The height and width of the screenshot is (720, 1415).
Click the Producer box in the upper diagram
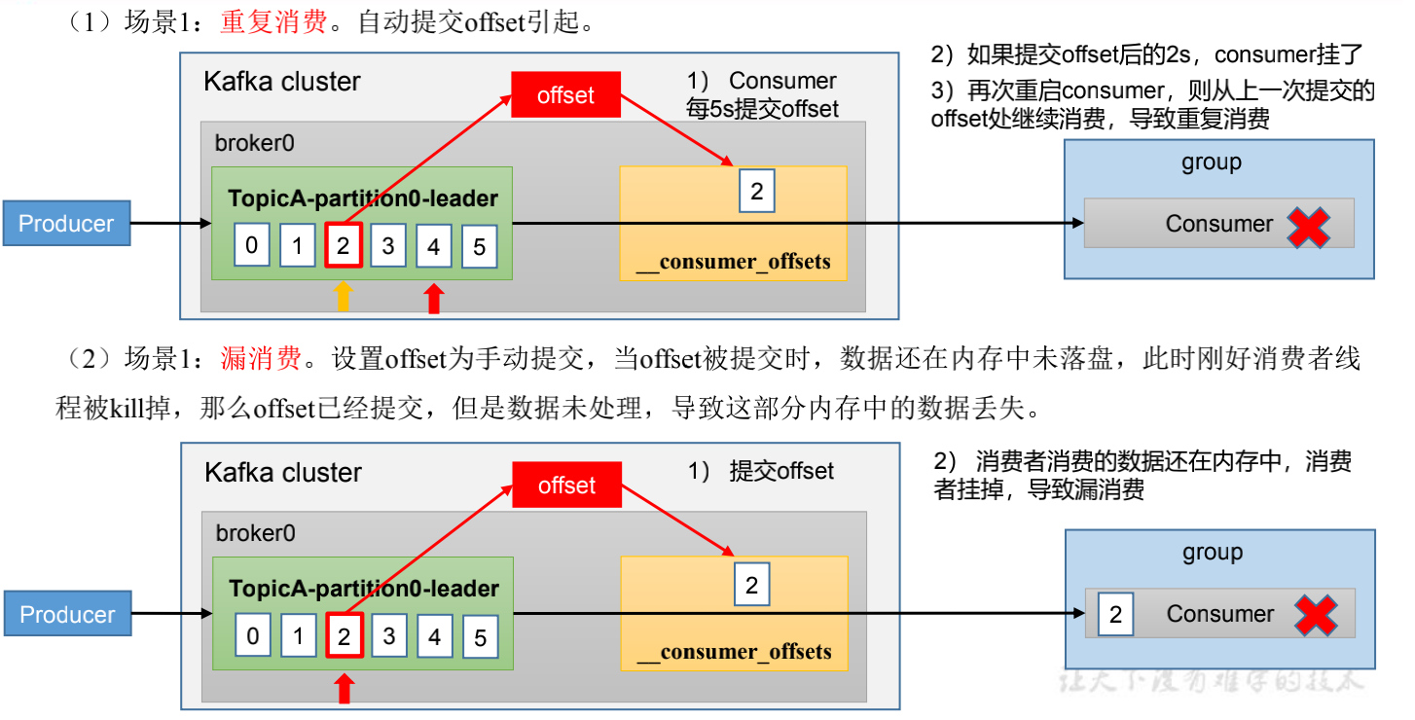67,224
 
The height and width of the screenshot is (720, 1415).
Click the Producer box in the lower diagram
67,615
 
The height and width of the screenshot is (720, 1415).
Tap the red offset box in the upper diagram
565,95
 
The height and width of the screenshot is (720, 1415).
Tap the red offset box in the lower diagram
566,486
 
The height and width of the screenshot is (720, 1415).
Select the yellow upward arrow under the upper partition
343,297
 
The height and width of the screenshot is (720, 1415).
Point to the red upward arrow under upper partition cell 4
434,297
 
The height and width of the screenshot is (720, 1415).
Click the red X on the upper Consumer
1309,225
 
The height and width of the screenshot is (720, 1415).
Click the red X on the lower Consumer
1317,615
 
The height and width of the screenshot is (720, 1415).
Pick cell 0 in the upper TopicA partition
252,246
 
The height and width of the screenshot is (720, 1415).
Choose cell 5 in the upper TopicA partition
479,248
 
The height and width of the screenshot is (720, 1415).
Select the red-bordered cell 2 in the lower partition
345,637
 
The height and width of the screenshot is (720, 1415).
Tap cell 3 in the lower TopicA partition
389,637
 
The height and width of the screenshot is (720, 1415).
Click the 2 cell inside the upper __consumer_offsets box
757,191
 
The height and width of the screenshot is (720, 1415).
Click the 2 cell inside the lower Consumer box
1115,615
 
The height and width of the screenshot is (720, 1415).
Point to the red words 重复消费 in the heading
273,23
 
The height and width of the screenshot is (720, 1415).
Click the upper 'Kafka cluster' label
282,82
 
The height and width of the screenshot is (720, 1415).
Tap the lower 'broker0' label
256,533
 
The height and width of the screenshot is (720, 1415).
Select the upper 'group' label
1212,162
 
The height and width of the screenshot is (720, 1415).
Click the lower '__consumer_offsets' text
734,651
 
